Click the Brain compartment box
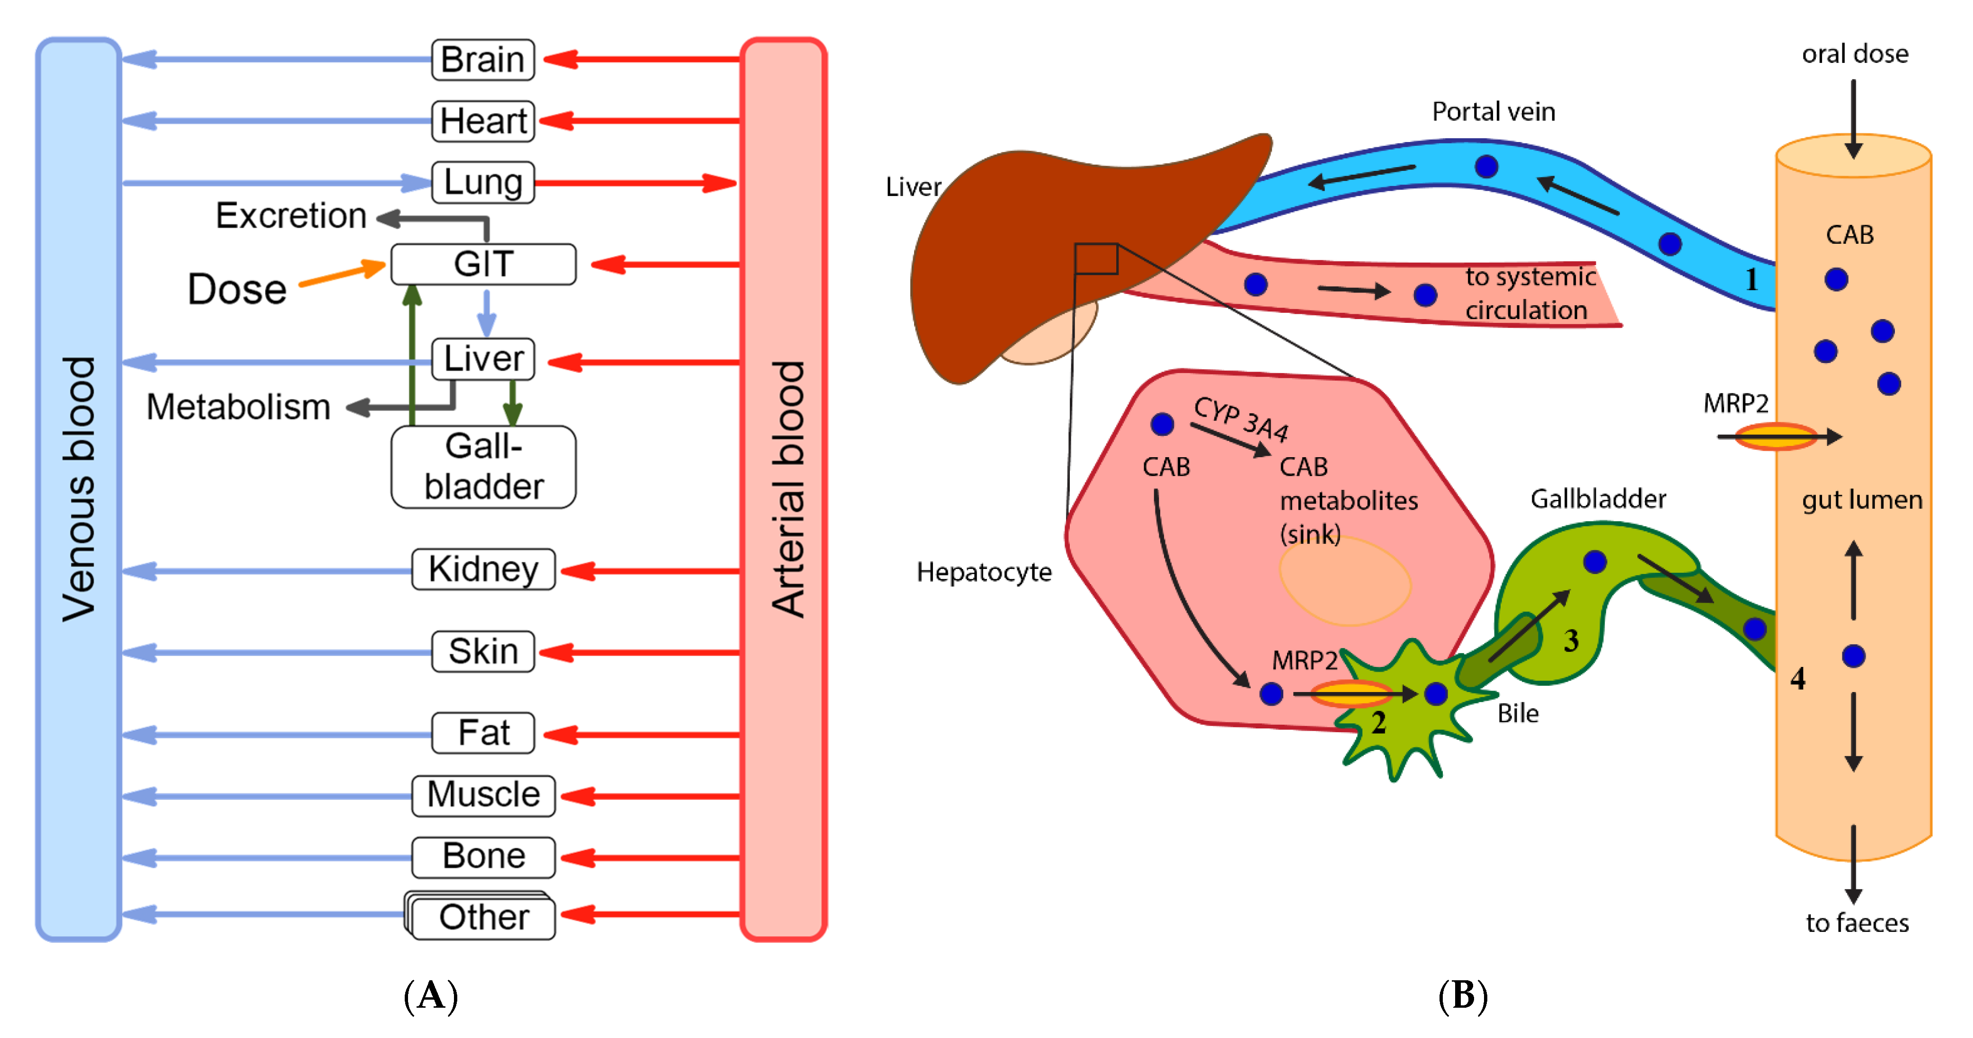[x=482, y=60]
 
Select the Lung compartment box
[x=482, y=182]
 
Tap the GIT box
[x=482, y=264]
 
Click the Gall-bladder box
[x=482, y=467]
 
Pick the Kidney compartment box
[x=482, y=569]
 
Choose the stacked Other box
[x=482, y=917]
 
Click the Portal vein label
[x=1493, y=112]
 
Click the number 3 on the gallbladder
[x=1571, y=640]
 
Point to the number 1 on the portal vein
[x=1751, y=280]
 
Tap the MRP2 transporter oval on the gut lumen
[x=1776, y=437]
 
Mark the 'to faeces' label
[x=1857, y=923]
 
